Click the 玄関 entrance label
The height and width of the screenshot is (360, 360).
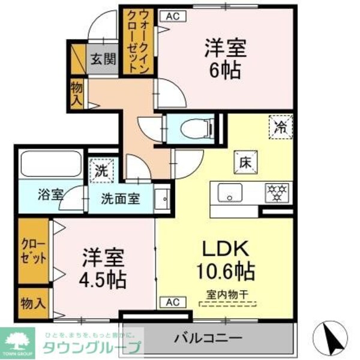[103, 59]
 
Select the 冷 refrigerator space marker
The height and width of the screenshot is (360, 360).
[280, 127]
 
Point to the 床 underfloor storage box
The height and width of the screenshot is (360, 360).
[245, 161]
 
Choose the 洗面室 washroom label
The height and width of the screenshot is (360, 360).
[119, 199]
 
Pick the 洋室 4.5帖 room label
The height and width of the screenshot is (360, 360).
[103, 268]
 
